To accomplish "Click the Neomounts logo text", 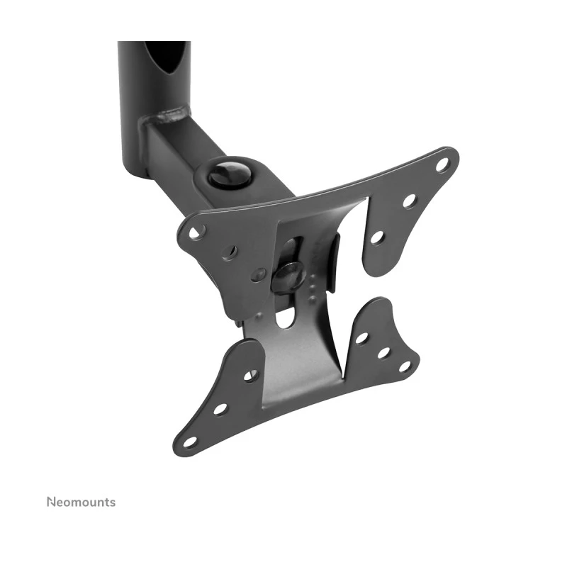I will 81,503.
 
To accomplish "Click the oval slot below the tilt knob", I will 285,317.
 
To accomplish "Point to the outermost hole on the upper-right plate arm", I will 442,165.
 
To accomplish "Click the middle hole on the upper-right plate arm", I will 409,201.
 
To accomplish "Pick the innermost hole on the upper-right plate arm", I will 377,237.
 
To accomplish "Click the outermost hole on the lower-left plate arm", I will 189,442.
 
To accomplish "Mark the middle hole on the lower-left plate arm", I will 220,409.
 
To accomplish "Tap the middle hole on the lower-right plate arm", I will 383,352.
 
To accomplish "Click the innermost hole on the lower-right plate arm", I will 361,338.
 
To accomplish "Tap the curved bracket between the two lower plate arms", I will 305,354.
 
